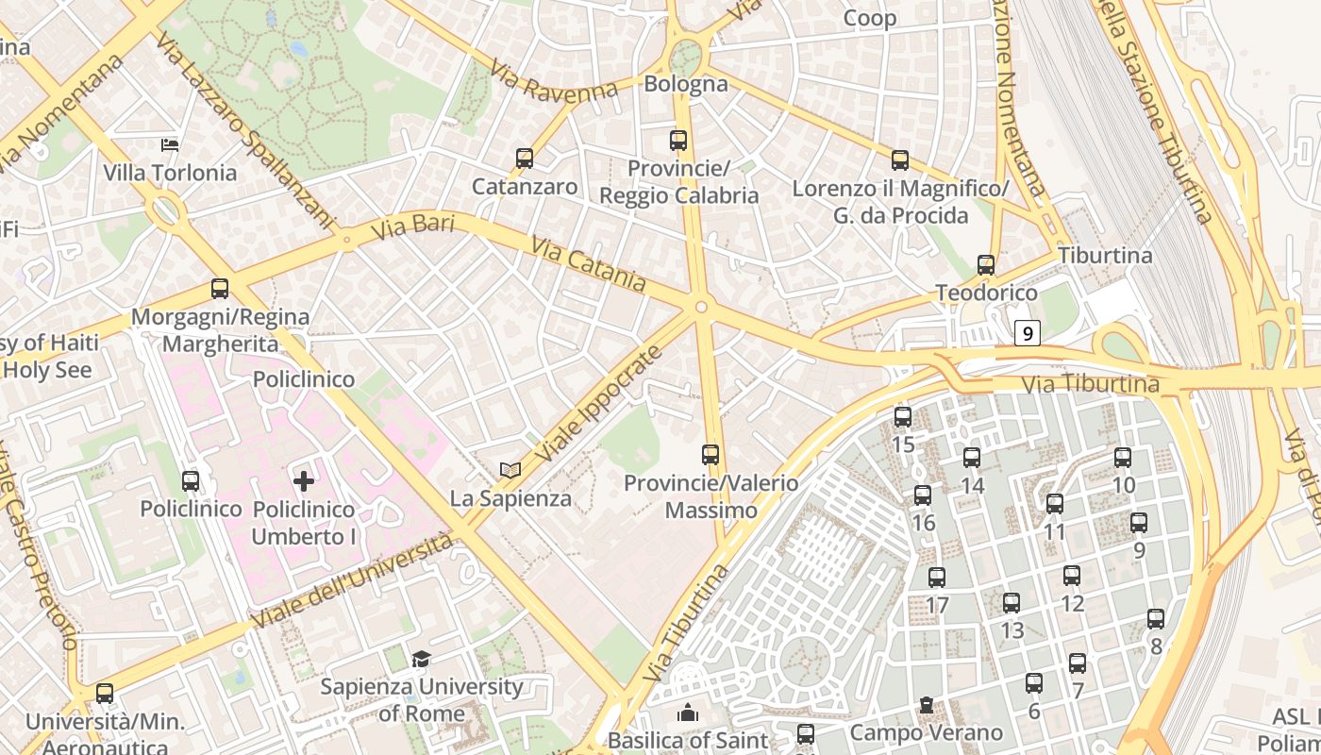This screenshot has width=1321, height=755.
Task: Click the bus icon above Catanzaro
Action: click(525, 159)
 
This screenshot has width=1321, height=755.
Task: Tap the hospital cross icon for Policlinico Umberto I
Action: click(304, 481)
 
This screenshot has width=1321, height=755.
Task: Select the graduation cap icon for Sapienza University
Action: click(421, 659)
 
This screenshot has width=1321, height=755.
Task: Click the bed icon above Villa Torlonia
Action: click(171, 144)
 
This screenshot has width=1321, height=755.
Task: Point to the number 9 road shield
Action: click(1028, 333)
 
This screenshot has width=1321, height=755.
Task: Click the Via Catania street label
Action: click(589, 264)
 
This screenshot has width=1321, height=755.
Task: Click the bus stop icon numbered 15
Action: click(903, 416)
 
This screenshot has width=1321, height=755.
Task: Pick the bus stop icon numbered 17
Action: click(937, 578)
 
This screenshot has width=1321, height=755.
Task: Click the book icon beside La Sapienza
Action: click(510, 469)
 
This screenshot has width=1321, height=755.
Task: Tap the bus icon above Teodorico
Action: click(986, 265)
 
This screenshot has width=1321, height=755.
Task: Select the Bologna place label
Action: click(686, 84)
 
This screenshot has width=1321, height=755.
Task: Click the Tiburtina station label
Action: click(1105, 256)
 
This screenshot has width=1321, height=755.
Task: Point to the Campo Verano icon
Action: click(927, 705)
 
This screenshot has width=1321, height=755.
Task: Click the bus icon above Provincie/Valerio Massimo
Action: click(711, 455)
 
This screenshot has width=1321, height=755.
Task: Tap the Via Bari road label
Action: click(412, 227)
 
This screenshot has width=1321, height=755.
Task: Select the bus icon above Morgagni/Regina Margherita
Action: click(220, 289)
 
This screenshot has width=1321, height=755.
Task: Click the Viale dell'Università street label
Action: click(353, 580)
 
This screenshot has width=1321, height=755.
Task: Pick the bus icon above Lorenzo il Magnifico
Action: click(900, 160)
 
